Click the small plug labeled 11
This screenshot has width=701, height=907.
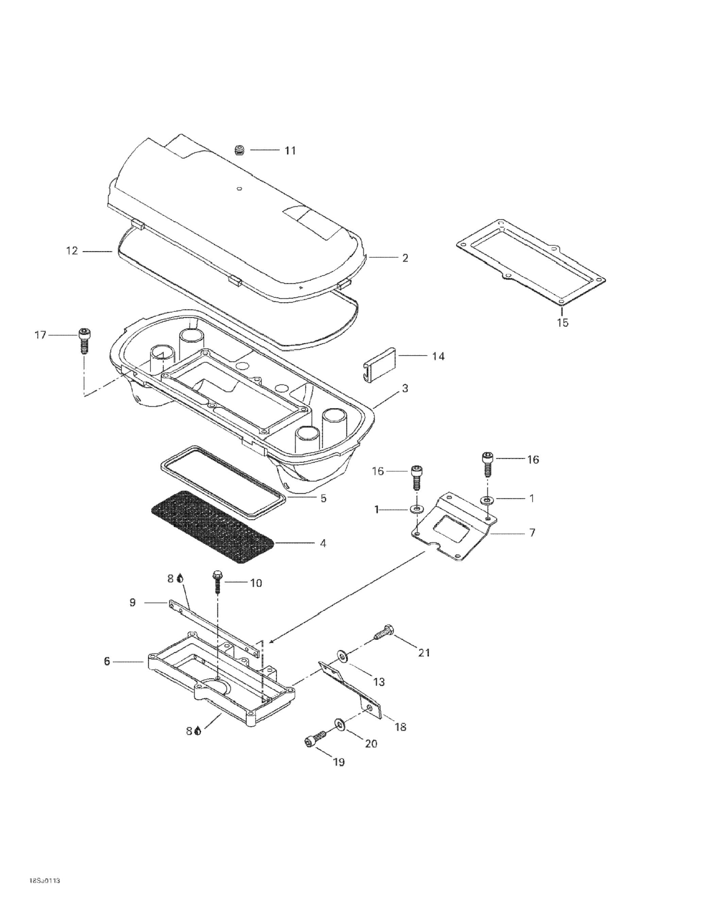pos(239,150)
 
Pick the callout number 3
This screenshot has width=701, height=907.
pos(405,388)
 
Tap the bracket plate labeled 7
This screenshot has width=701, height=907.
pos(452,527)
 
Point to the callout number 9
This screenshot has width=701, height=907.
pos(132,603)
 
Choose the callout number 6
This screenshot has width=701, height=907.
pos(107,661)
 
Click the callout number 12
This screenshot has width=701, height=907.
pos(72,251)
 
